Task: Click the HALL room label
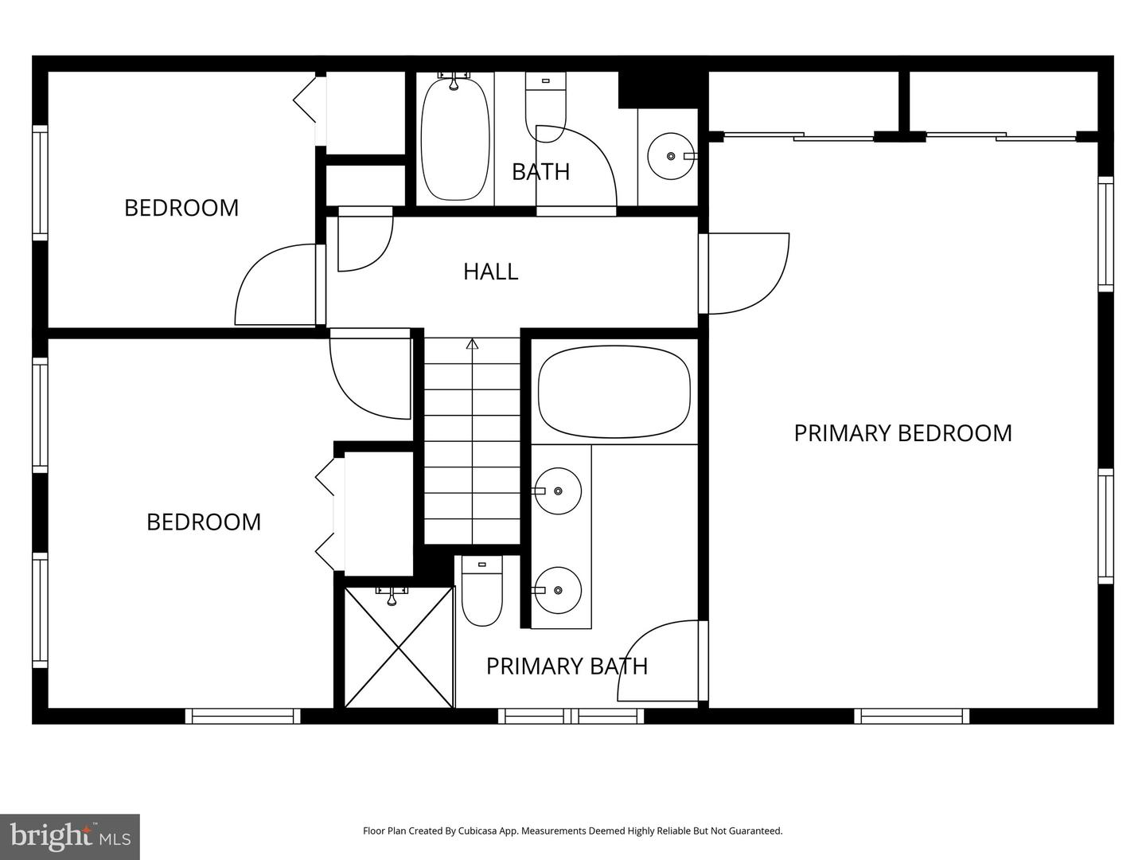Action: (x=490, y=272)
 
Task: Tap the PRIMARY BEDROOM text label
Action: (x=902, y=433)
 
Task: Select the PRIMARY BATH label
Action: (x=567, y=666)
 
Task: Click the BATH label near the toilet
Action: (x=540, y=172)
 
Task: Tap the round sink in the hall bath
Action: (x=670, y=157)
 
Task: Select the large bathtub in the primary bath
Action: (x=614, y=392)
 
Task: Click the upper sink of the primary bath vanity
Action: (x=557, y=491)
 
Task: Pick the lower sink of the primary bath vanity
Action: (x=557, y=590)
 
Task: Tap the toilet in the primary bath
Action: (x=482, y=592)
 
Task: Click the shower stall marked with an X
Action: (x=399, y=647)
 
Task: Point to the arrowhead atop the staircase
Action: (x=473, y=344)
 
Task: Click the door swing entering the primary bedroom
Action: (x=746, y=273)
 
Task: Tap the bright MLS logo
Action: (x=70, y=836)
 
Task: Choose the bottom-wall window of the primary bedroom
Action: (x=912, y=716)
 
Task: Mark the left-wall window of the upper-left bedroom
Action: (x=40, y=182)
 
